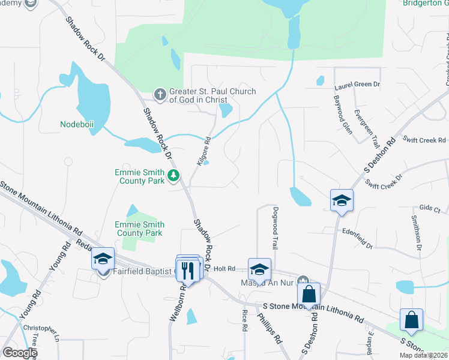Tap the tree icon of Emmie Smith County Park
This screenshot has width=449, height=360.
click(173, 175)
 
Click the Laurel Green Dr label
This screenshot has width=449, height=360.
click(357, 86)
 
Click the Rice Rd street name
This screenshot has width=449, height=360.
click(244, 321)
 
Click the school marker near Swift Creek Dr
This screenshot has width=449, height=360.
click(341, 200)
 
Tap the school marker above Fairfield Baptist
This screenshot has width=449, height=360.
click(103, 259)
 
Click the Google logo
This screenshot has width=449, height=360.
click(20, 353)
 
